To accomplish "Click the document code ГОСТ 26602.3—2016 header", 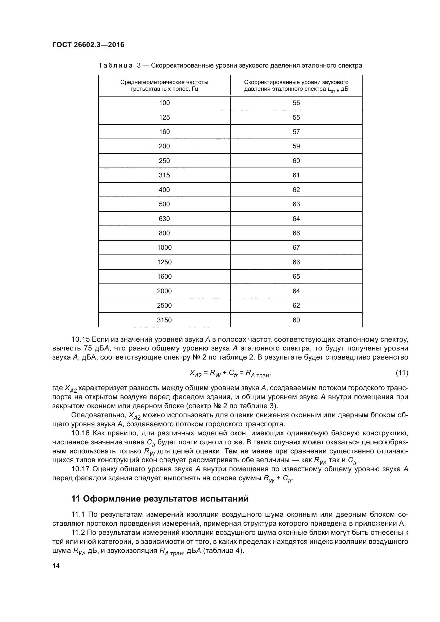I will point(88,45).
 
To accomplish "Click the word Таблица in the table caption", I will point(115,66).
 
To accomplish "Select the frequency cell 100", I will point(164,103).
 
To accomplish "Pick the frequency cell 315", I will point(164,175).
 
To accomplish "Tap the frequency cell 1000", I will point(164,248).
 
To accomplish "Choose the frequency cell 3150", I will point(164,320).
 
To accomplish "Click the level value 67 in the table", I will point(296,248).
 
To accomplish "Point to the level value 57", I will point(296,132).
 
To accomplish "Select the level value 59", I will point(296,146).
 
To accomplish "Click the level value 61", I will point(296,175).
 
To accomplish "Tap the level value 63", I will point(296,204).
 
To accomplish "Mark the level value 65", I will point(296,276).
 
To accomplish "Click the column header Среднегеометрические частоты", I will point(164,85).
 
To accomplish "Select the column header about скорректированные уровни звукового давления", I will point(296,85).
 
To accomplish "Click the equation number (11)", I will point(402,373).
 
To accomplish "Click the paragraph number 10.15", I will point(80,339).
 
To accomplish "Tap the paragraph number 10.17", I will point(80,469).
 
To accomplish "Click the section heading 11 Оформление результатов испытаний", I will point(160,499).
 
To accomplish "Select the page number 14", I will point(56,566).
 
